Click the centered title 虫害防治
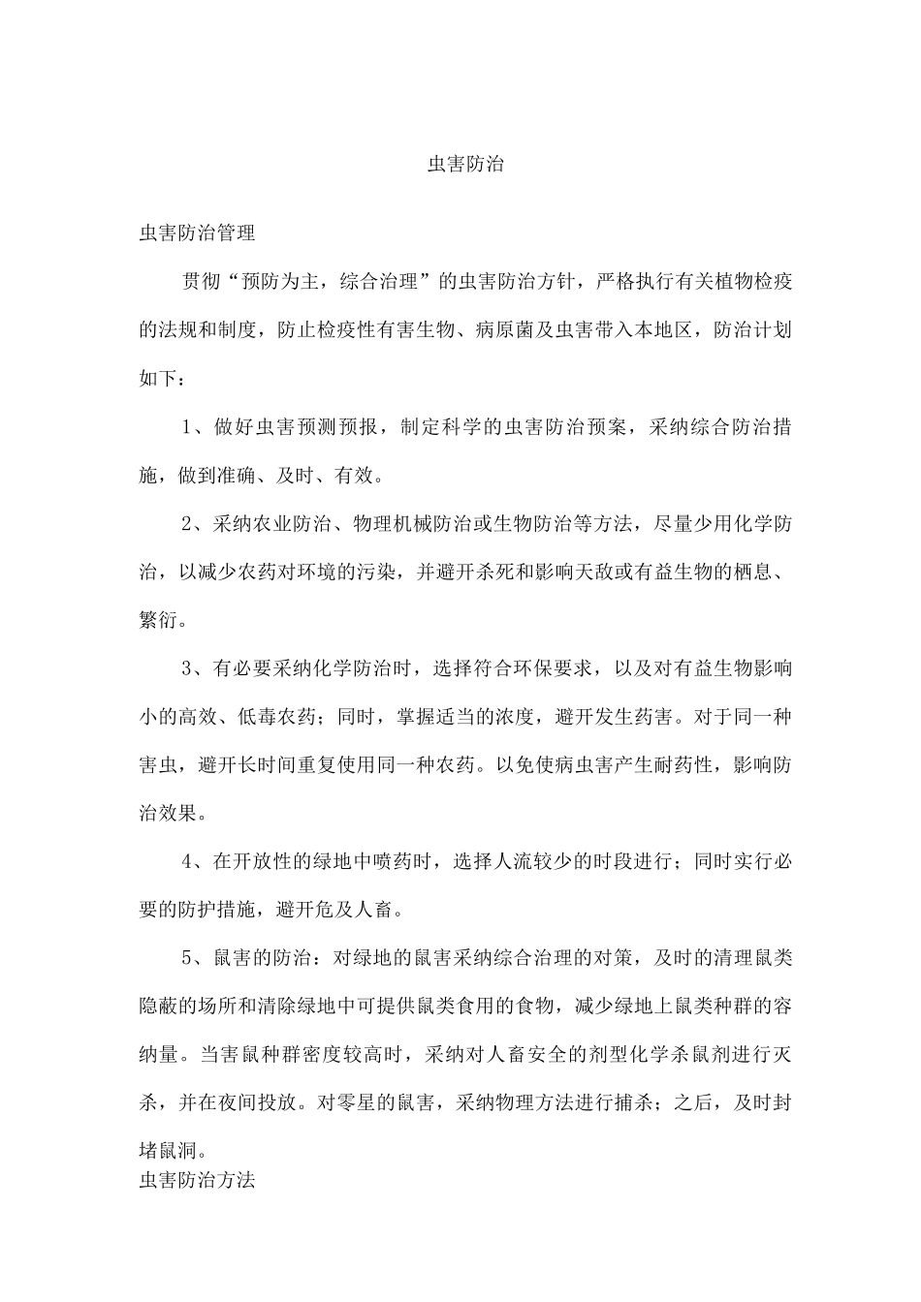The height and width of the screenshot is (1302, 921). coord(465,165)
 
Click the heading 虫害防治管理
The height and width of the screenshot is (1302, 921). coord(198,233)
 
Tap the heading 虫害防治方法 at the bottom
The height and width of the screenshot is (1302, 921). coord(198,1181)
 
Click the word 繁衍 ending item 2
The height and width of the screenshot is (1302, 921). coord(159,621)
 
